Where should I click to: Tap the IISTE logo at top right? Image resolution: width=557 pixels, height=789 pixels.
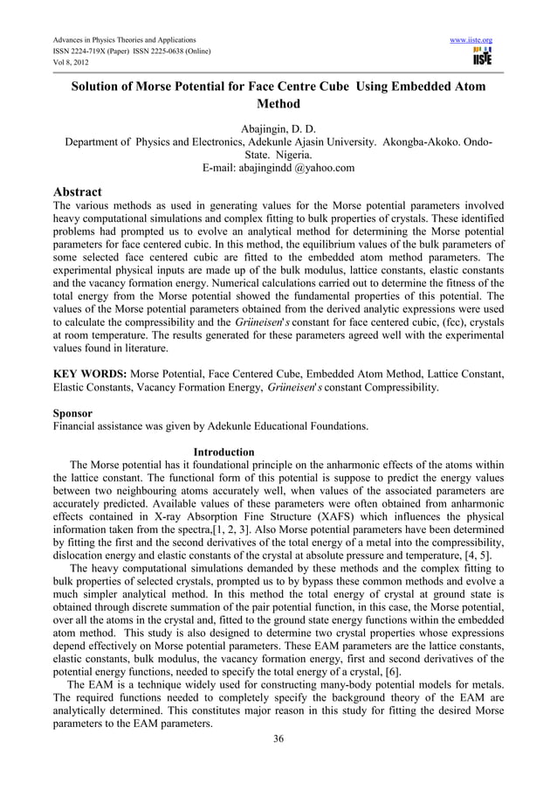click(482, 58)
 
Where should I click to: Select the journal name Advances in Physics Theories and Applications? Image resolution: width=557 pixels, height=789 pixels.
click(124, 40)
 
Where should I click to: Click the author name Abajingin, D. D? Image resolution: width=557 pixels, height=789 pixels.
click(278, 128)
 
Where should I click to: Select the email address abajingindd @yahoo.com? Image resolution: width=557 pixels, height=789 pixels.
click(278, 168)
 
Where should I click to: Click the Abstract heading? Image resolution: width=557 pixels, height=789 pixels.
click(77, 191)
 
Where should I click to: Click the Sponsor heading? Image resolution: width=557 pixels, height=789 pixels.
click(73, 412)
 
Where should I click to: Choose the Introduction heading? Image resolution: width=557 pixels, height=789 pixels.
click(223, 452)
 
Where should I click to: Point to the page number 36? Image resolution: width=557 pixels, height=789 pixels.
click(278, 740)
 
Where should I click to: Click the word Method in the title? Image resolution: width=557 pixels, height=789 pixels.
click(277, 104)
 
